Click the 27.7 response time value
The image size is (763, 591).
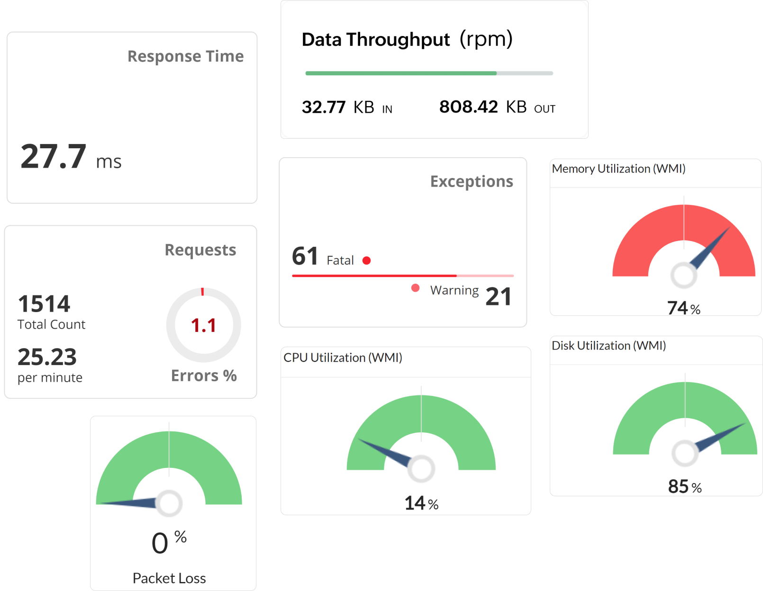[x=54, y=157]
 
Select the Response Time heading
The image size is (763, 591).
[x=185, y=56]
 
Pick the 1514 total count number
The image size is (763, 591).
[x=44, y=304]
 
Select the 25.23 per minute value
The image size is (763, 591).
[x=47, y=357]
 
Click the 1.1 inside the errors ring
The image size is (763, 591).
[x=203, y=326]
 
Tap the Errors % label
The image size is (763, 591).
[x=204, y=376]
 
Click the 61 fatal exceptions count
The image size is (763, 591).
[x=305, y=256]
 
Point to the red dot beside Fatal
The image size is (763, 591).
[x=366, y=260]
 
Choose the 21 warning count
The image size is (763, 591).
[x=498, y=297]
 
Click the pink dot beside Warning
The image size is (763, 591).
[x=415, y=288]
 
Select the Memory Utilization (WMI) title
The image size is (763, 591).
[x=618, y=169]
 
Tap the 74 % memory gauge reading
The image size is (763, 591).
[x=683, y=308]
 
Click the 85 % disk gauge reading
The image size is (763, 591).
[x=684, y=486]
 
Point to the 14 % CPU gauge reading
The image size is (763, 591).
[x=421, y=503]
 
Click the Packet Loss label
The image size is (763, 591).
[x=169, y=578]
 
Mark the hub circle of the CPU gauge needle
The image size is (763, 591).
[x=421, y=469]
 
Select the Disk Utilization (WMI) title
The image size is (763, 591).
[x=609, y=346]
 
